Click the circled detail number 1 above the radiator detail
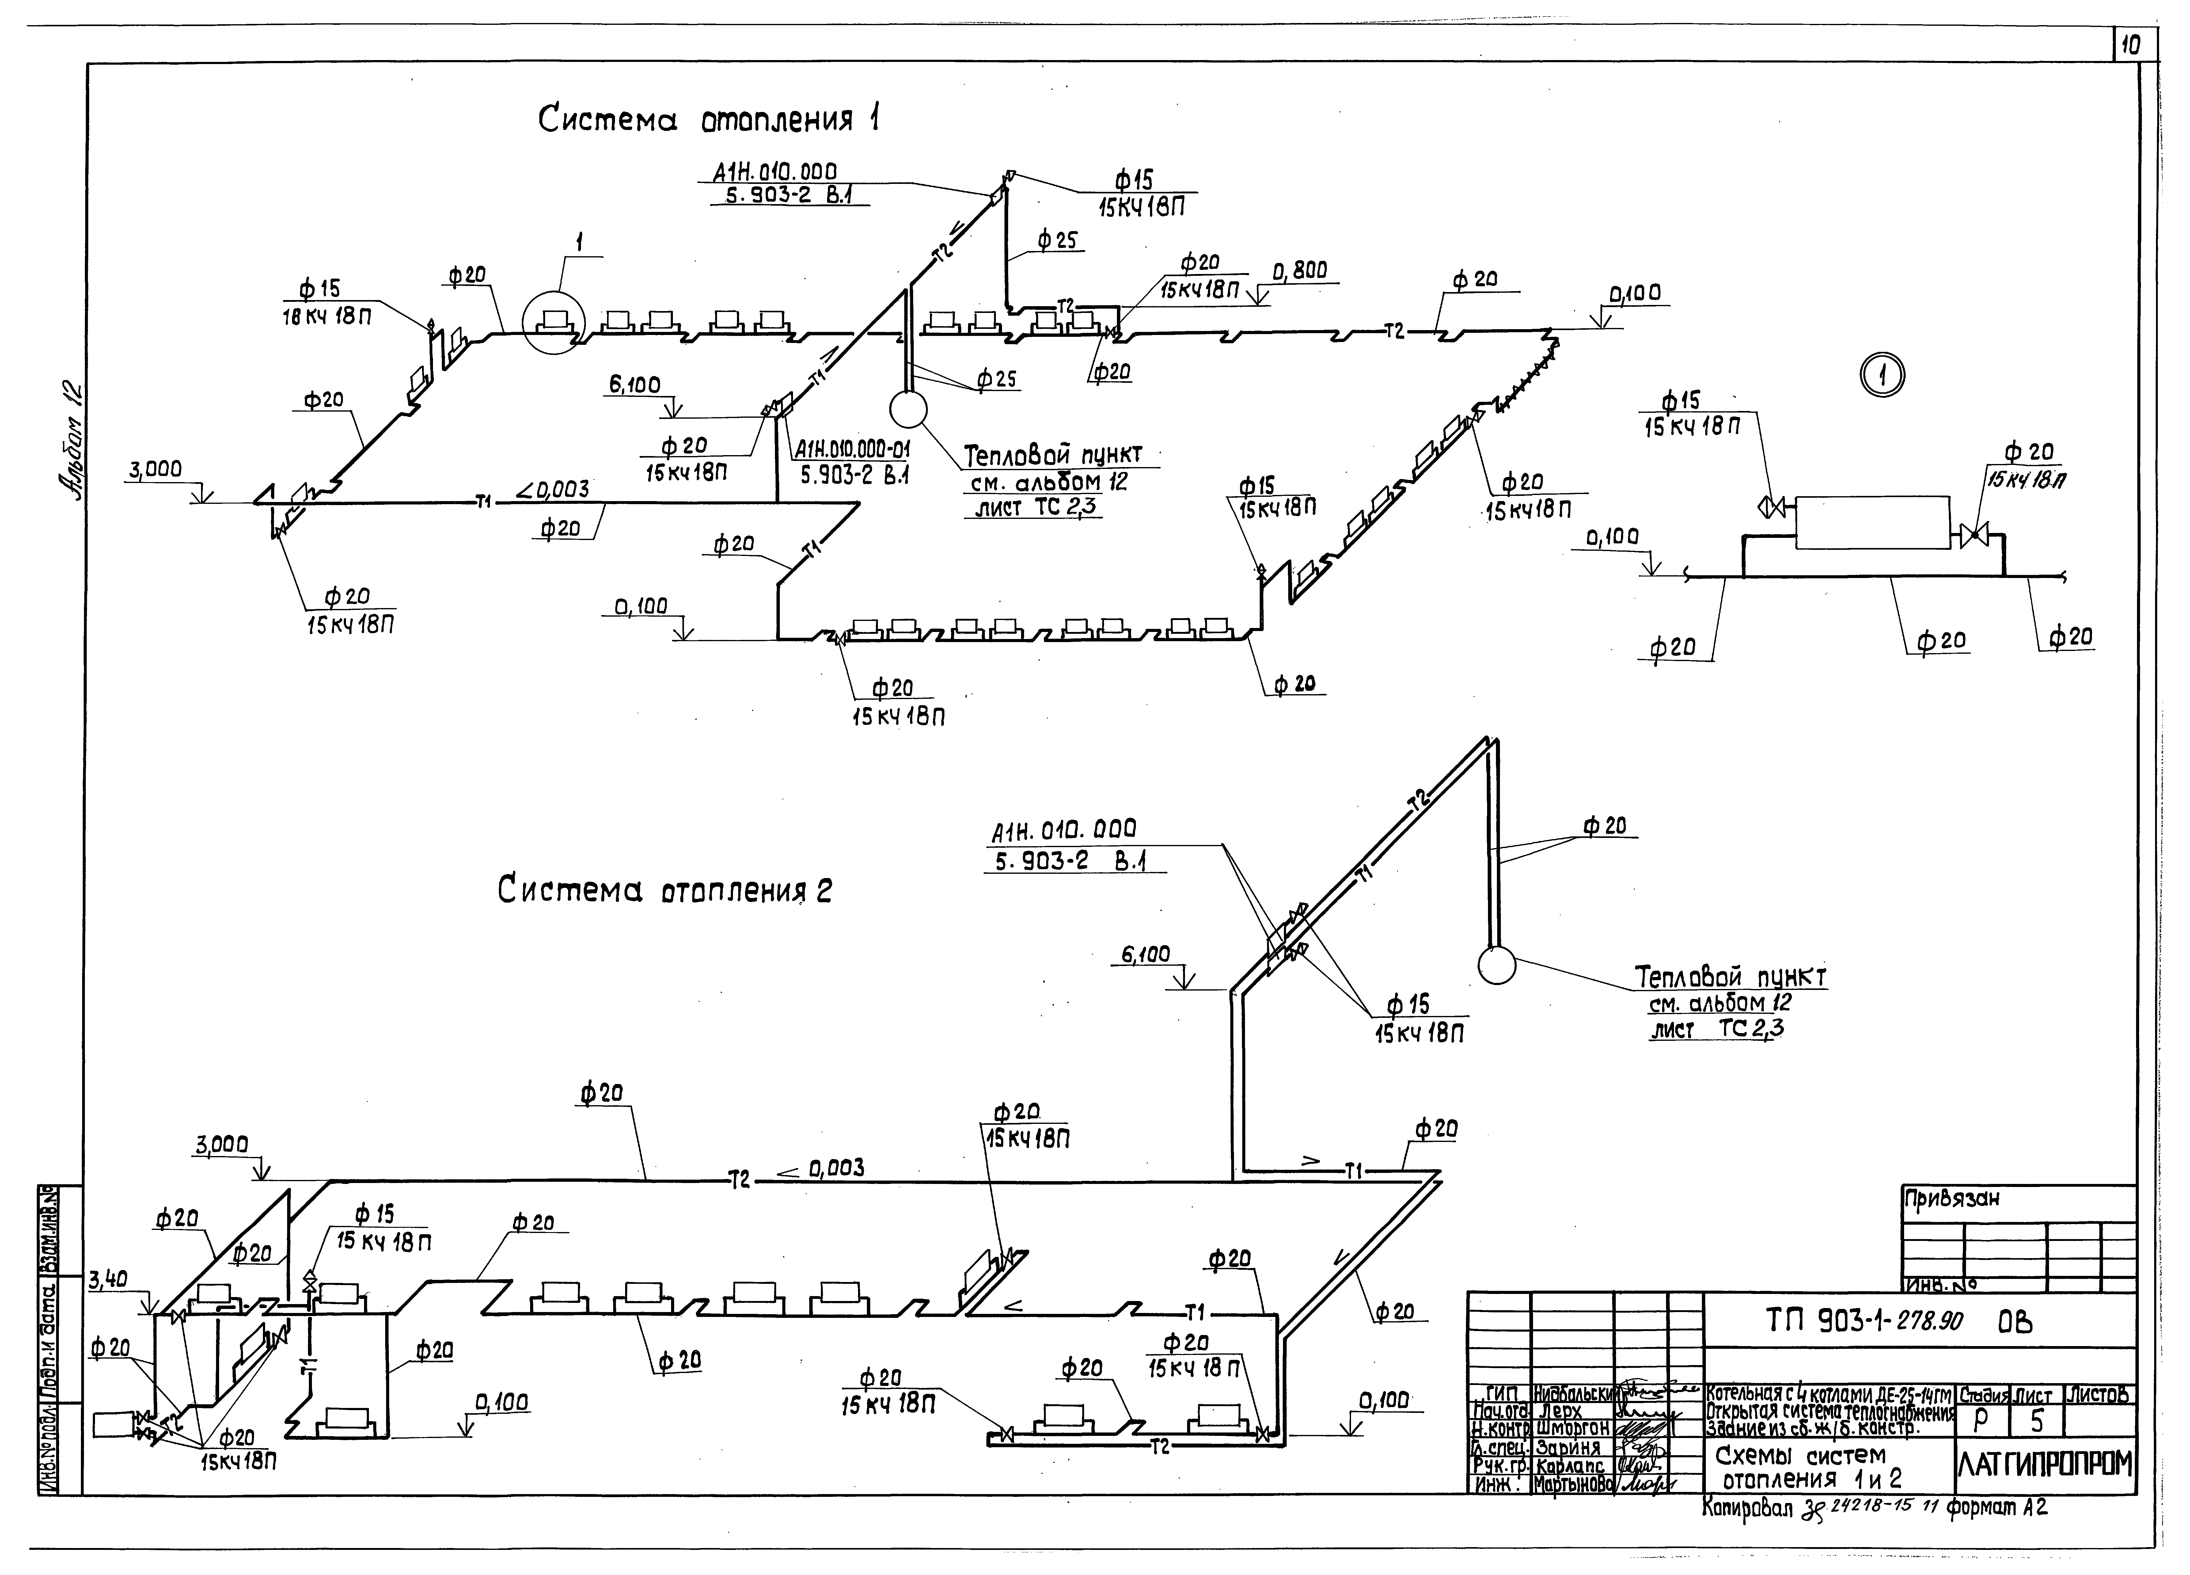click(x=1883, y=377)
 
